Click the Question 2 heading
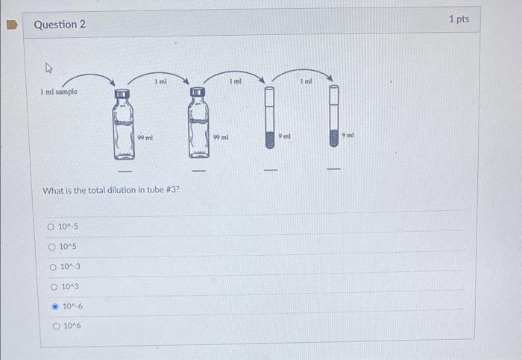coord(60,25)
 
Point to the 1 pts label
coord(459,19)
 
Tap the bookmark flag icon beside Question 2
coord(11,25)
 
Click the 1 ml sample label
coord(59,92)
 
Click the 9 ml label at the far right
coord(348,135)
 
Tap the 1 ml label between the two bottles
coord(160,81)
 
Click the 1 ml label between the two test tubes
coord(306,80)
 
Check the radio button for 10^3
coord(55,287)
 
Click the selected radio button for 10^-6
coord(55,306)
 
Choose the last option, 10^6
coord(56,326)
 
